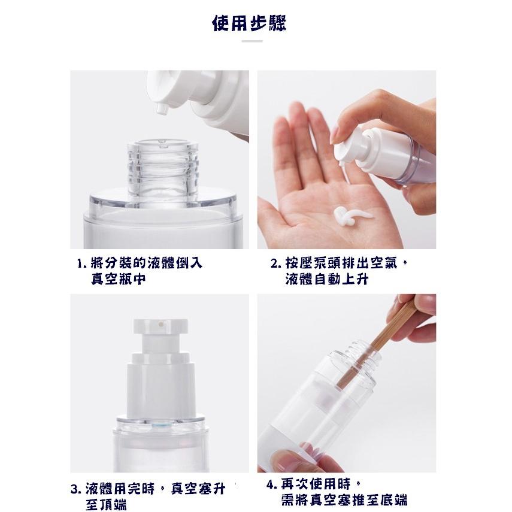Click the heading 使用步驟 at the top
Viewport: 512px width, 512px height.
point(250,24)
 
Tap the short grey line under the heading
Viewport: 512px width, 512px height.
point(252,41)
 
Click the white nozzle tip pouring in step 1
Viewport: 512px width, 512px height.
point(160,110)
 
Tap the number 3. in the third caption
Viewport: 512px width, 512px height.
point(75,490)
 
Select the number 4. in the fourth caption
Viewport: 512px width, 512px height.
point(272,484)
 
